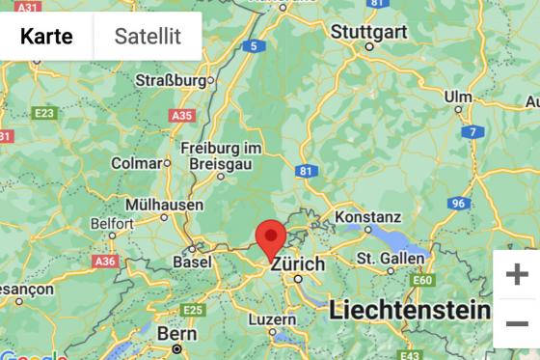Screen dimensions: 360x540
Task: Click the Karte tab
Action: click(46, 37)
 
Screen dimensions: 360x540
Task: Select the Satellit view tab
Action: click(148, 37)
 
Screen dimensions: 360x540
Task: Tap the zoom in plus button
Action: click(517, 274)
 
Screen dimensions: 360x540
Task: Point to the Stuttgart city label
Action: click(369, 31)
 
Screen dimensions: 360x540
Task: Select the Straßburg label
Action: click(173, 79)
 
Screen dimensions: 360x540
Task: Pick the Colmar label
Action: click(135, 163)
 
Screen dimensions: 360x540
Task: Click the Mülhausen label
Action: click(164, 205)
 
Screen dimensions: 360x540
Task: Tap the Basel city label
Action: click(192, 262)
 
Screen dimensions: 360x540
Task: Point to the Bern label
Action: click(176, 333)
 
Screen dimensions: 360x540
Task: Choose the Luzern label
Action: click(272, 318)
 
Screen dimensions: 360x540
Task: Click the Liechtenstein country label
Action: click(408, 310)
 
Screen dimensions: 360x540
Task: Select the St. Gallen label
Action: click(390, 258)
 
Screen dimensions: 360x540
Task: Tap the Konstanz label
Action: click(367, 216)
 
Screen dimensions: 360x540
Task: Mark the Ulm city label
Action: click(458, 97)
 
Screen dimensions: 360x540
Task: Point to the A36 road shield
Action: click(105, 262)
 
